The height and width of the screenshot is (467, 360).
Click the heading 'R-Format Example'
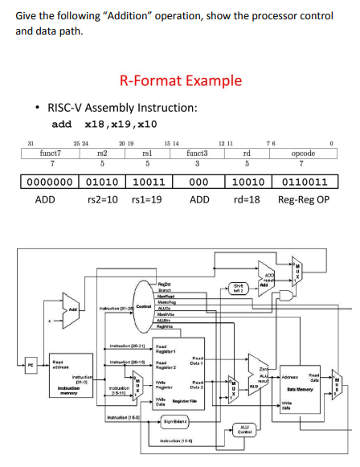(180, 80)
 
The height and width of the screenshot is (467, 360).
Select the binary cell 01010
(102, 182)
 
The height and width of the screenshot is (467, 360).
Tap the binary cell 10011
(148, 182)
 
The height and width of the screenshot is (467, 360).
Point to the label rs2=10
(102, 199)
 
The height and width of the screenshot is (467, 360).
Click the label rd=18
(247, 199)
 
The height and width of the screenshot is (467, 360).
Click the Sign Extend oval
(180, 420)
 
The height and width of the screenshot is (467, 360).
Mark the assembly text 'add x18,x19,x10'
(104, 124)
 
